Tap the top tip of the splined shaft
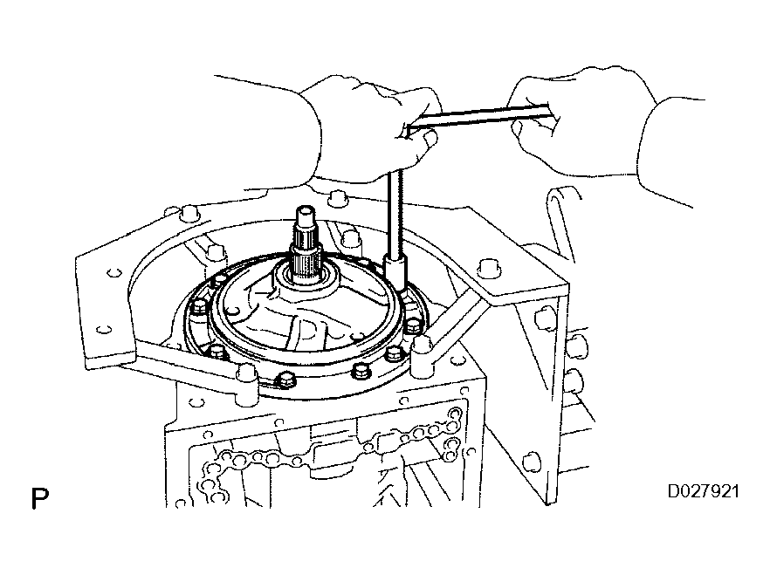click(308, 211)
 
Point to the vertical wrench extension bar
click(395, 209)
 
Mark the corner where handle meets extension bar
click(409, 131)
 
